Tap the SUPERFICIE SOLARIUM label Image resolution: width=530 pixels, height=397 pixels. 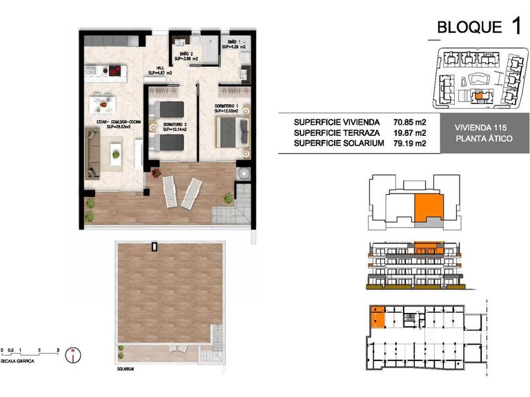[x=337, y=143]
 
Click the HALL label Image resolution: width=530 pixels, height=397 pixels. [x=159, y=68]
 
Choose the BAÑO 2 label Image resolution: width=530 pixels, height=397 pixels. [x=186, y=56]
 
